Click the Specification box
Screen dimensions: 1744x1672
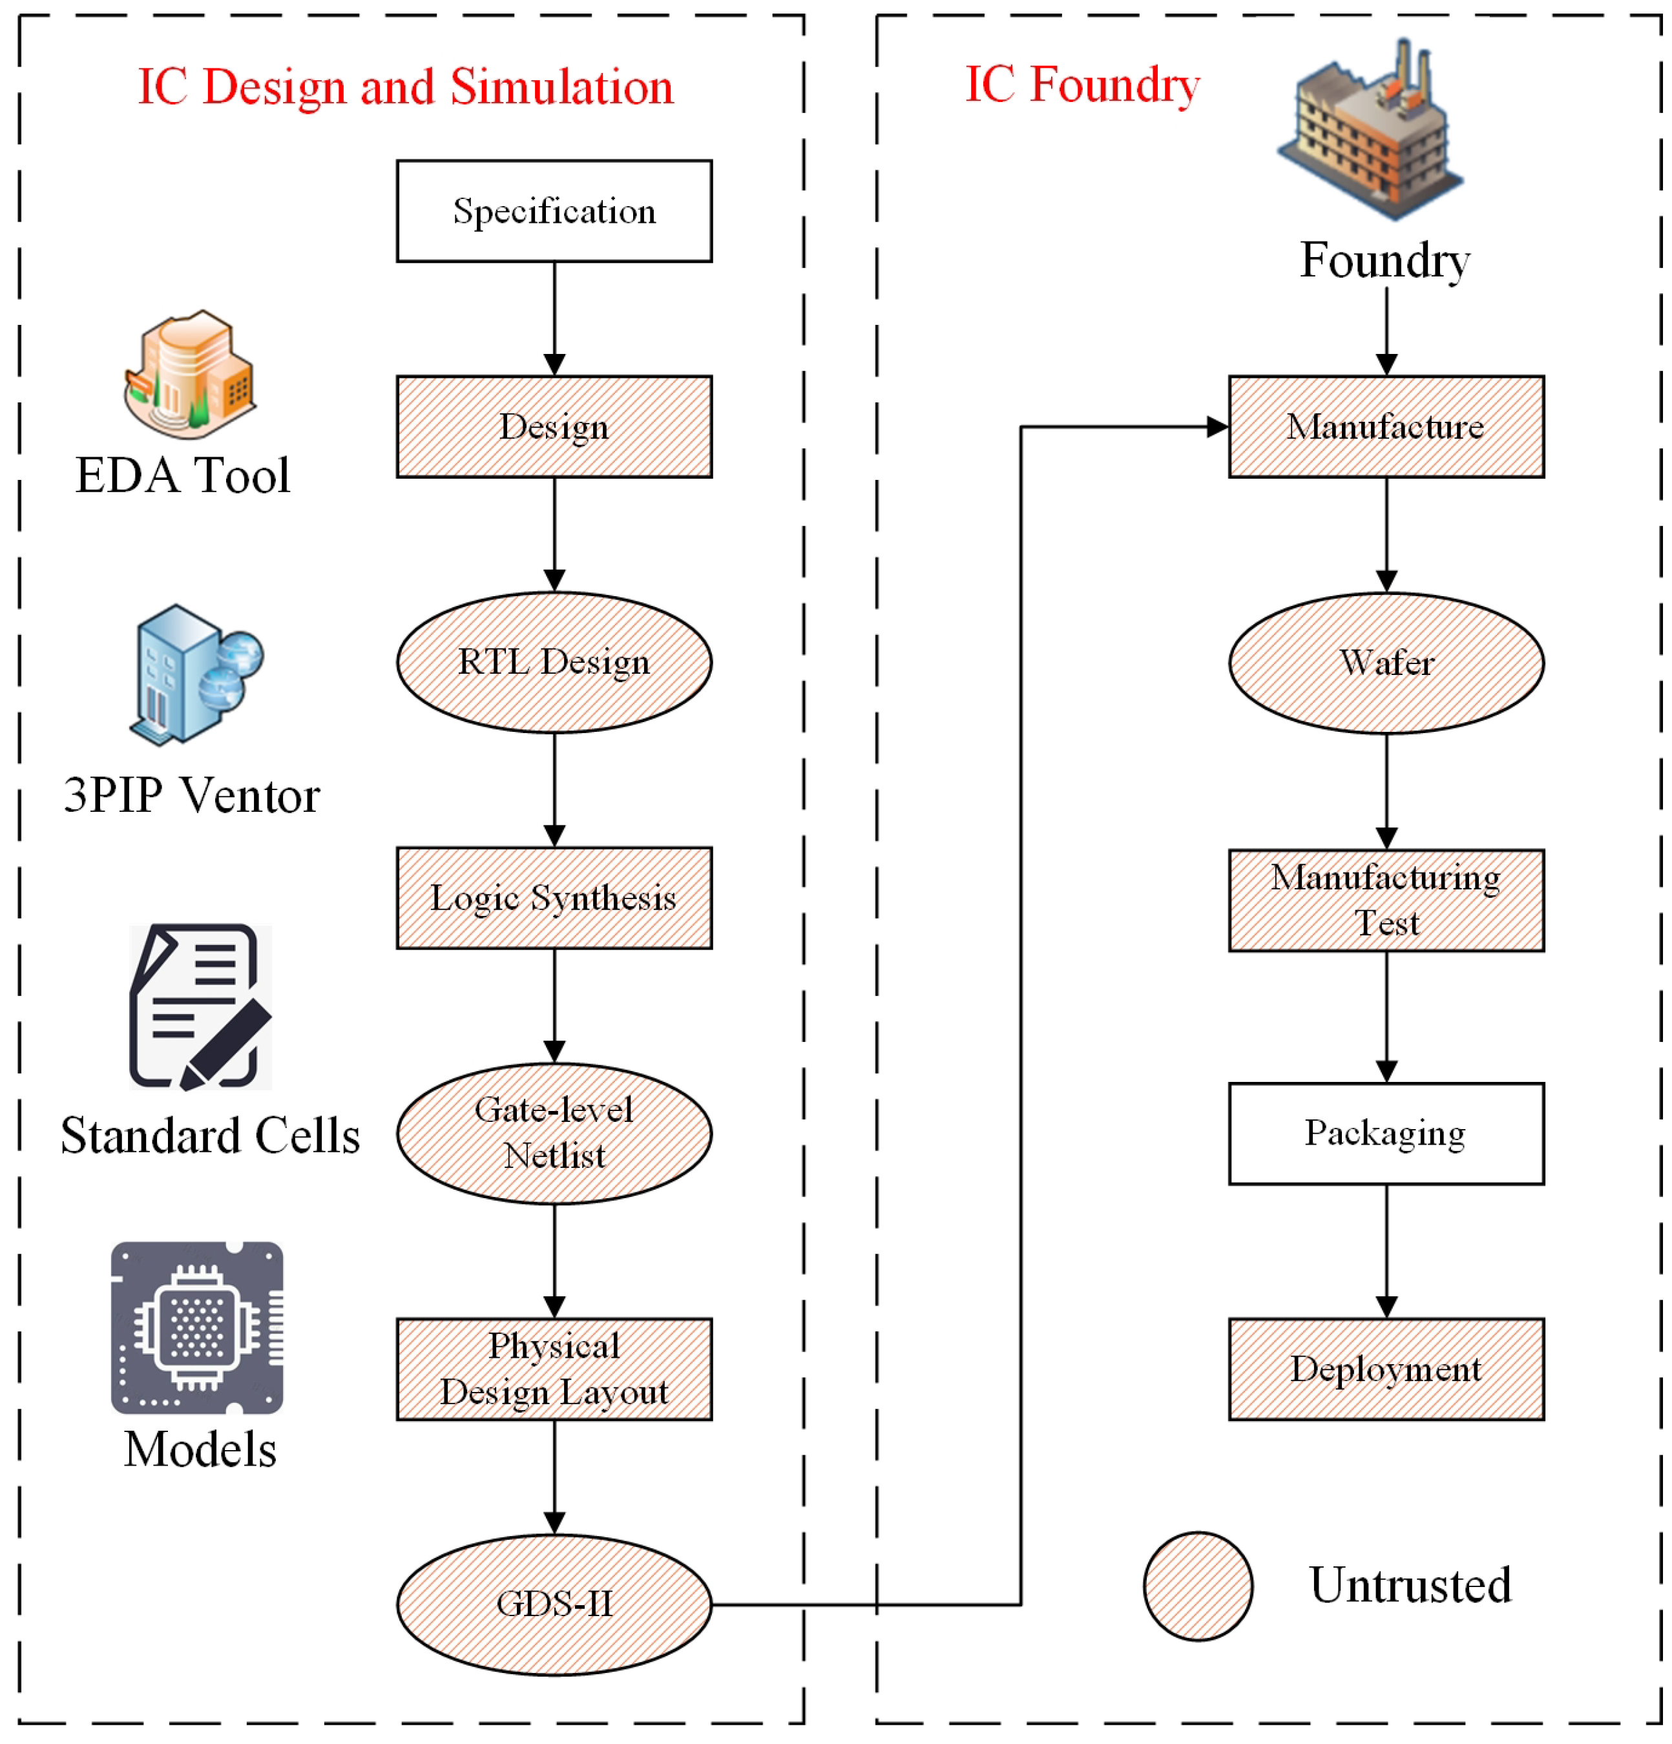(554, 211)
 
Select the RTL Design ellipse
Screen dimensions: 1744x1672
(554, 662)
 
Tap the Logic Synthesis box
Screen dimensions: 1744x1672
(554, 897)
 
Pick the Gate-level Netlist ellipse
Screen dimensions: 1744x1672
(554, 1133)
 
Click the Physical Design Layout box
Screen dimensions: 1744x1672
(554, 1369)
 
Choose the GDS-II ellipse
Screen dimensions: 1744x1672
(554, 1603)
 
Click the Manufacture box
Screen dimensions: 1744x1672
(1386, 426)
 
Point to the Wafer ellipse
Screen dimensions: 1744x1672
(1386, 662)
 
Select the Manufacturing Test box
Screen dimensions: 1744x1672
(1386, 900)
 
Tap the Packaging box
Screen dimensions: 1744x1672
(1386, 1133)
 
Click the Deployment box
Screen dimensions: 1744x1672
(1386, 1369)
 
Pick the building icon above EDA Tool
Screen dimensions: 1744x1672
(189, 374)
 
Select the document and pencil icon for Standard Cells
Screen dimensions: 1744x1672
(200, 1006)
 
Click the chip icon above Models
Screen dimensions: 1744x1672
(196, 1327)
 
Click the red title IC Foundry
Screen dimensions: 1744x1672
(1082, 85)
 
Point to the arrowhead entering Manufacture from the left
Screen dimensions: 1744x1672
(1217, 426)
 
